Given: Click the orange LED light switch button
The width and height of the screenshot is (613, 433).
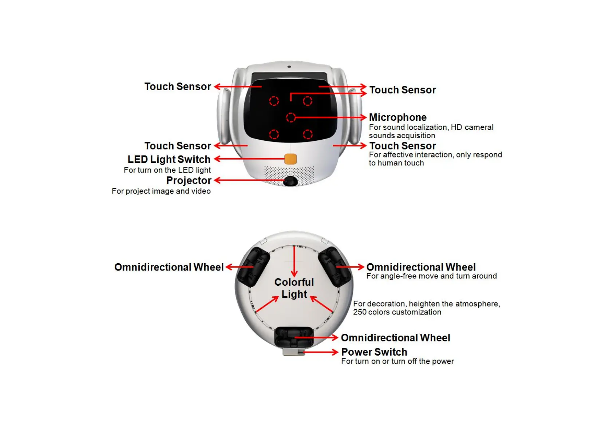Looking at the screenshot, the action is (x=290, y=159).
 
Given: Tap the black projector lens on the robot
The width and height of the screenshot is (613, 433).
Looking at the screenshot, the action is (x=290, y=181).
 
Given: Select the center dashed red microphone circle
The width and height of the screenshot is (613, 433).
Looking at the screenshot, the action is (x=290, y=117).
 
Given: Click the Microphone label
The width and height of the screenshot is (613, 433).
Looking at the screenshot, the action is (x=398, y=117).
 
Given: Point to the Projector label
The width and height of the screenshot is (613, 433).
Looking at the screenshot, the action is (x=189, y=180).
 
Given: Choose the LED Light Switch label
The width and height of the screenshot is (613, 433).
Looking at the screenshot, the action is (x=169, y=159).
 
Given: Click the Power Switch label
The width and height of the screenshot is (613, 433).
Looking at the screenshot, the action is (x=374, y=352).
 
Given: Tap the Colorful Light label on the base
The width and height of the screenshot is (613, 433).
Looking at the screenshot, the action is (x=294, y=288).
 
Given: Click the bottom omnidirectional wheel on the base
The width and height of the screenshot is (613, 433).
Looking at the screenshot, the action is (x=294, y=337).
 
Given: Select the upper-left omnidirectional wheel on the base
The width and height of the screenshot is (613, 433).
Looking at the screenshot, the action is (x=253, y=266).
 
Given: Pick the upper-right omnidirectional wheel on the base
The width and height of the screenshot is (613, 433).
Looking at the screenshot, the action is (x=335, y=266).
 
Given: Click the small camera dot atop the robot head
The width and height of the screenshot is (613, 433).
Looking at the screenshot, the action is (x=289, y=67).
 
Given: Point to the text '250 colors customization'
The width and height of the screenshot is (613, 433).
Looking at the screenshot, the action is (x=397, y=312).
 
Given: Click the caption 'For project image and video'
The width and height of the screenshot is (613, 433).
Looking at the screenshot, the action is (x=161, y=191).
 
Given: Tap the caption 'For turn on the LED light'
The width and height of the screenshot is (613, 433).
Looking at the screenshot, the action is (x=167, y=170).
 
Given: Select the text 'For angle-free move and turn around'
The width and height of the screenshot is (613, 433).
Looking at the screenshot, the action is (x=431, y=276).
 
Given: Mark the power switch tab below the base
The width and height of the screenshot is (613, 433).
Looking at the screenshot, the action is (x=294, y=352).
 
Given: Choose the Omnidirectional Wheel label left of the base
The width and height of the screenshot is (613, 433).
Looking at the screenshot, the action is (x=169, y=267).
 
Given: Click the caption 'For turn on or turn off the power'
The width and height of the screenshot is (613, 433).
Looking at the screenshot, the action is (x=398, y=361).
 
